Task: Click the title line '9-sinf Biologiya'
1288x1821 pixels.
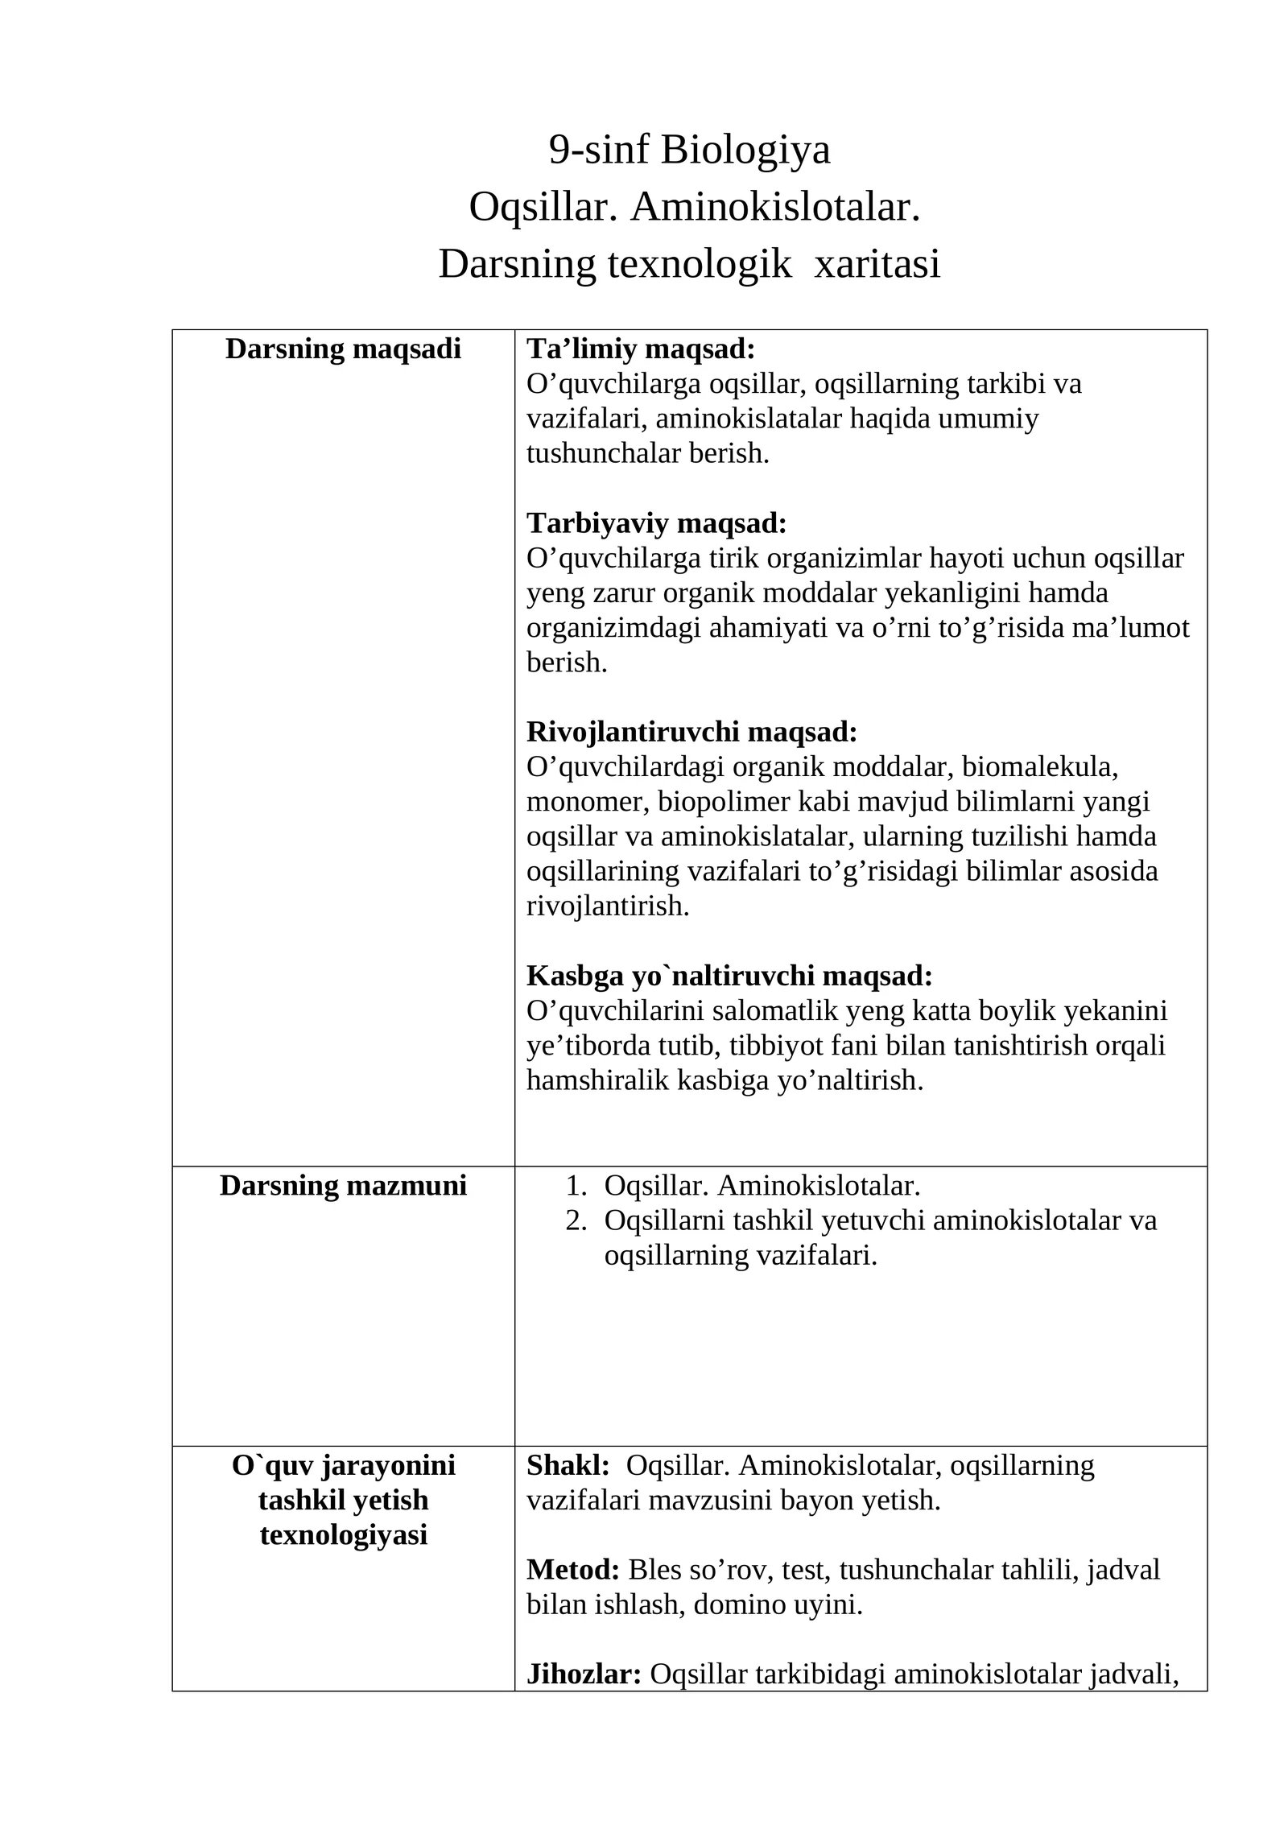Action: pyautogui.click(x=689, y=151)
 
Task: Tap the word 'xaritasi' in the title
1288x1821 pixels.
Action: pyautogui.click(x=877, y=265)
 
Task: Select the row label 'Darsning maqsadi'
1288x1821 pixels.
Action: pyautogui.click(x=343, y=349)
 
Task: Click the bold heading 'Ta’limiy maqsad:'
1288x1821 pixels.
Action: pyautogui.click(x=641, y=349)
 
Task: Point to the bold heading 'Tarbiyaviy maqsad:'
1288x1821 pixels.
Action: pyautogui.click(x=656, y=523)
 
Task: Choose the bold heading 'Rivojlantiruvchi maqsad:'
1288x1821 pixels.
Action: pyautogui.click(x=691, y=732)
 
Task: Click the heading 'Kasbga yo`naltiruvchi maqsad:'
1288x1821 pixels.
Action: pyautogui.click(x=729, y=976)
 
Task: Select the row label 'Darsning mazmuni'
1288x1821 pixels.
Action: pyautogui.click(x=343, y=1186)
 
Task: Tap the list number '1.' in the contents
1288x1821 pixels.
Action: pyautogui.click(x=576, y=1186)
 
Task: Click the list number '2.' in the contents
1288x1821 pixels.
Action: pyautogui.click(x=576, y=1220)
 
